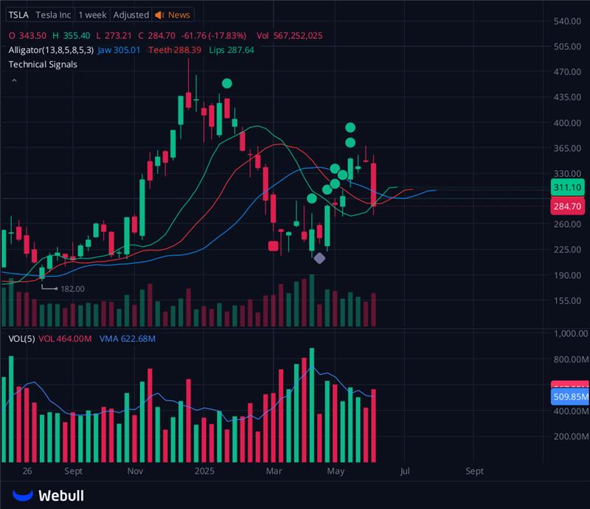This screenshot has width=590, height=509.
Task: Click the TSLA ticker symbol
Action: click(x=19, y=15)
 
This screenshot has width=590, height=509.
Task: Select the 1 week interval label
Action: click(x=92, y=15)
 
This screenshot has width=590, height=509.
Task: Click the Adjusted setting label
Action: click(x=131, y=15)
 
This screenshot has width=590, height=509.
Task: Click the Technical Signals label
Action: click(x=43, y=64)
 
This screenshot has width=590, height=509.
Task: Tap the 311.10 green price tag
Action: click(x=569, y=188)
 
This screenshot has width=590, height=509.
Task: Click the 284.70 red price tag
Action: click(x=569, y=207)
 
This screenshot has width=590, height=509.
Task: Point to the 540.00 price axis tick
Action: click(x=569, y=21)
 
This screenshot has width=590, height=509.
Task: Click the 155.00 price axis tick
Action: click(x=569, y=301)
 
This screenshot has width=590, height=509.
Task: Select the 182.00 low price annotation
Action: click(x=72, y=289)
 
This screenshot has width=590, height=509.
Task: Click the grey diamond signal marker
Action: click(x=319, y=258)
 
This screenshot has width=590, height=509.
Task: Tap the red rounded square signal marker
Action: click(x=274, y=247)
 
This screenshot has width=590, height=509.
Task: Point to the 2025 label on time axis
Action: click(x=204, y=470)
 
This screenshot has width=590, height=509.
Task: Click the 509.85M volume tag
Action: click(x=570, y=397)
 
